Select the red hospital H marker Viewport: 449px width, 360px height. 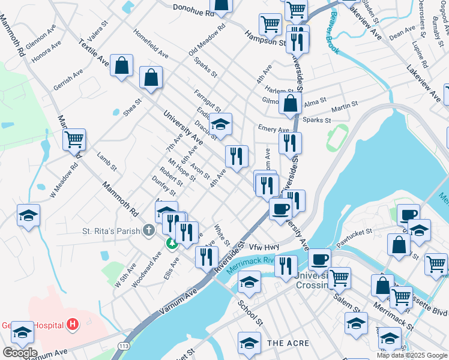click(73, 325)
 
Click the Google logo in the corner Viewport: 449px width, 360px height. click(19, 353)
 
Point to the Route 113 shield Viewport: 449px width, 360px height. click(124, 346)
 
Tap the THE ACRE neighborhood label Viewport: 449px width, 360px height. click(288, 343)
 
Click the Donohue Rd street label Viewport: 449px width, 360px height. click(193, 10)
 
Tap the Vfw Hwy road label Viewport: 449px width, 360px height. click(265, 247)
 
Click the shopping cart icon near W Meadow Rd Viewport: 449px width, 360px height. click(74, 139)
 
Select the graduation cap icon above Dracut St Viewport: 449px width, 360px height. click(221, 125)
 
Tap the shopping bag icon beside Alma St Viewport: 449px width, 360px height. click(291, 103)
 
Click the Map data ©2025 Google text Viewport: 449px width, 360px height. click(412, 355)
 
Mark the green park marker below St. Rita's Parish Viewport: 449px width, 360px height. click(171, 242)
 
